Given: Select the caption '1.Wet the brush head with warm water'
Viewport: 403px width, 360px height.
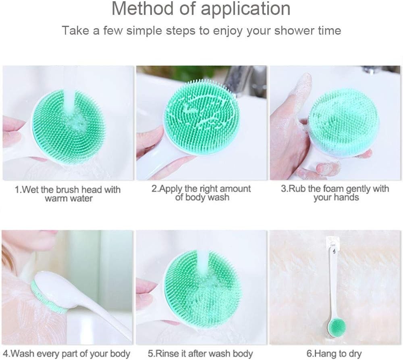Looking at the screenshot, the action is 68,194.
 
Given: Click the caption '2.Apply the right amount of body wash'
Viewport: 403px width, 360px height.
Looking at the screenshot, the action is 201,193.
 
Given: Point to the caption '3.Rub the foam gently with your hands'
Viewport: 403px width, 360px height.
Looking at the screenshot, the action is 335,193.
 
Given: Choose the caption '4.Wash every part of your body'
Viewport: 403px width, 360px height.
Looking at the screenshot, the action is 66,354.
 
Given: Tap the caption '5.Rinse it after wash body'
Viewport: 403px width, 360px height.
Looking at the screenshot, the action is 200,354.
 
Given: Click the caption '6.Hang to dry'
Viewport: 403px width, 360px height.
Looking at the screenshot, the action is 334,354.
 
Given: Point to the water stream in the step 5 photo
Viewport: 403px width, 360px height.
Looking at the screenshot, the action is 203,265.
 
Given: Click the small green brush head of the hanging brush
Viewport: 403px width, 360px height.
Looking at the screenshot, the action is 337,327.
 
